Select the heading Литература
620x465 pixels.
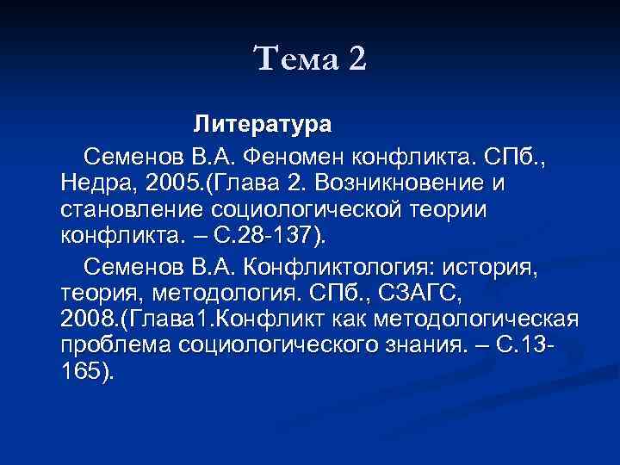(262, 124)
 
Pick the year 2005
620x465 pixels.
(176, 183)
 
